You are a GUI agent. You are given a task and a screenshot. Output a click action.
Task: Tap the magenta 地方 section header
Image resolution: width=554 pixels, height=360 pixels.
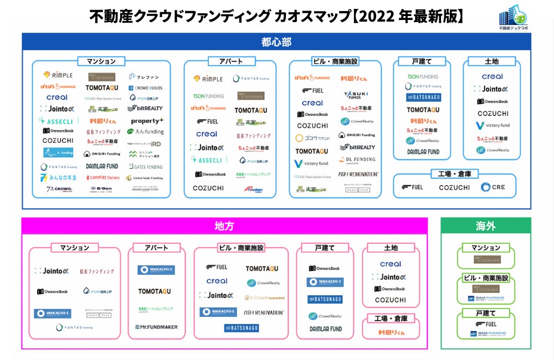224,226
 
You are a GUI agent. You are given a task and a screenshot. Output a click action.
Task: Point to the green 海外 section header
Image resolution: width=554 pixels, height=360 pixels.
485,226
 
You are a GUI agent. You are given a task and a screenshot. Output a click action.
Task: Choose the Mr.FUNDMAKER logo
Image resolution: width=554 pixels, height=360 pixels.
156,327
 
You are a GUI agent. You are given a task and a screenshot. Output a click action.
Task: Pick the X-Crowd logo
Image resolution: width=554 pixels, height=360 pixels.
264,297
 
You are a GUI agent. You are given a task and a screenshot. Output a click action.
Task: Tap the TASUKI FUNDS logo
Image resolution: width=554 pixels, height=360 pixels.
356,95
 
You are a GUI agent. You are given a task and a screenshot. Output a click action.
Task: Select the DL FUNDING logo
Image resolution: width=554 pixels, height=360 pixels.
357,160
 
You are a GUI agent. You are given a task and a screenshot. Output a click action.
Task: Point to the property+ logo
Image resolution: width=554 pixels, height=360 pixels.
147,121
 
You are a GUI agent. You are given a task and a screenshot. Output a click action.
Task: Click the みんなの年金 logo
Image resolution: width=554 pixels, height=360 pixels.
58,178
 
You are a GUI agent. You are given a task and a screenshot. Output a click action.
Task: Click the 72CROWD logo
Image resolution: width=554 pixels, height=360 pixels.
58,189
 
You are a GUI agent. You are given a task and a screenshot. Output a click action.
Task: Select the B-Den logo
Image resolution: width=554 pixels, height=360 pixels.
102,189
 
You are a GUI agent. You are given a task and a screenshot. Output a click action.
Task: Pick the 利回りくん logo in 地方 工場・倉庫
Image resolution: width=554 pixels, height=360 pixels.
391,332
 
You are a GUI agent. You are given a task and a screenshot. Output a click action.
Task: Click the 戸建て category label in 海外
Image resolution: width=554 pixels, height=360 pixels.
485,313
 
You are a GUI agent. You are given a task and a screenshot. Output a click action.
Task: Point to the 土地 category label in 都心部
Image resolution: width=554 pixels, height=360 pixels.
491,61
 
